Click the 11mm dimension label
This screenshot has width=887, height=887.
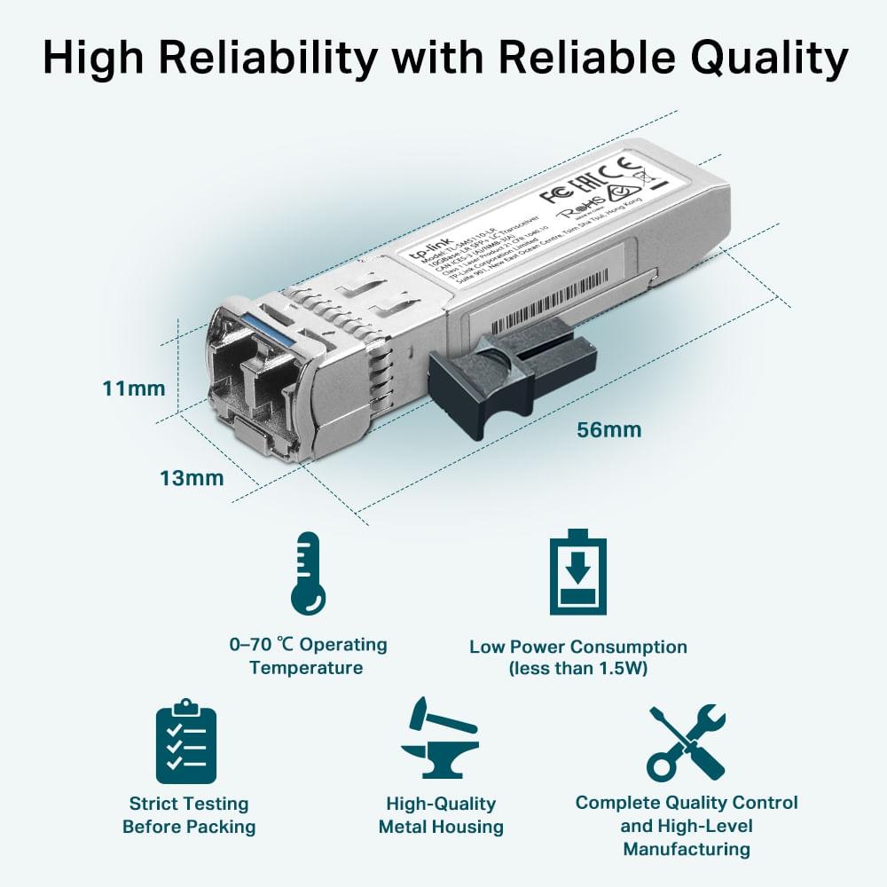point(133,389)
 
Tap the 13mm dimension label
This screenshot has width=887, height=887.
point(192,478)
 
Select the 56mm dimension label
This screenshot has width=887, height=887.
point(608,430)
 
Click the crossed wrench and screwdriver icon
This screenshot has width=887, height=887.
point(687,742)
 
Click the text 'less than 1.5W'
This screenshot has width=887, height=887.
point(577,669)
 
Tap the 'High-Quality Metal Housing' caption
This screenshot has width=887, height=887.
point(441,815)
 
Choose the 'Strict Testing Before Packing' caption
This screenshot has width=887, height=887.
point(189,815)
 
